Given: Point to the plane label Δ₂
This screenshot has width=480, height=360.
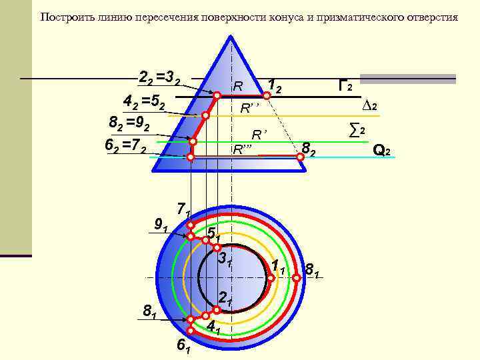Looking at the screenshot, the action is (370, 106).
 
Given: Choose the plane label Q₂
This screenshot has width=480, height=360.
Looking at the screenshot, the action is (381, 151).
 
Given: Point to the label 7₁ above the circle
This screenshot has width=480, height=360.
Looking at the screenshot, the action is (183, 209).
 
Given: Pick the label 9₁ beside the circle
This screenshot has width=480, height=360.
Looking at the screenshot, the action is (161, 225).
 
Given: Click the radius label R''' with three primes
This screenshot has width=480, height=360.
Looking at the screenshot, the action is (243, 149).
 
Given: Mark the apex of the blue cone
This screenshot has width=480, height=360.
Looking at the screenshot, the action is (231, 35).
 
